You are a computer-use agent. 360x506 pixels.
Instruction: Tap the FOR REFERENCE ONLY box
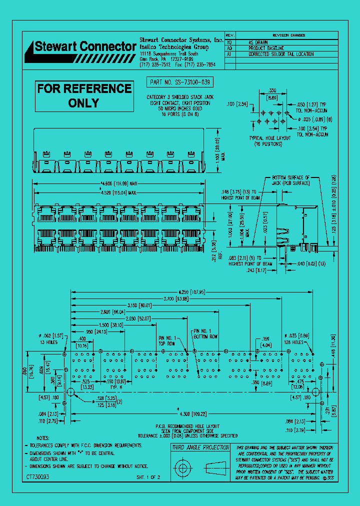tap(84, 95)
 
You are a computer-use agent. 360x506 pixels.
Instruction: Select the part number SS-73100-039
tap(180, 82)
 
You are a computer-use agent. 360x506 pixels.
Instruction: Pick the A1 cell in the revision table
tap(229, 53)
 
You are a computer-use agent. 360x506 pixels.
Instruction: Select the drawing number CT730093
tap(38, 477)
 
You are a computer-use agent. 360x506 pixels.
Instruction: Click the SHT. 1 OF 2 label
tap(148, 478)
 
